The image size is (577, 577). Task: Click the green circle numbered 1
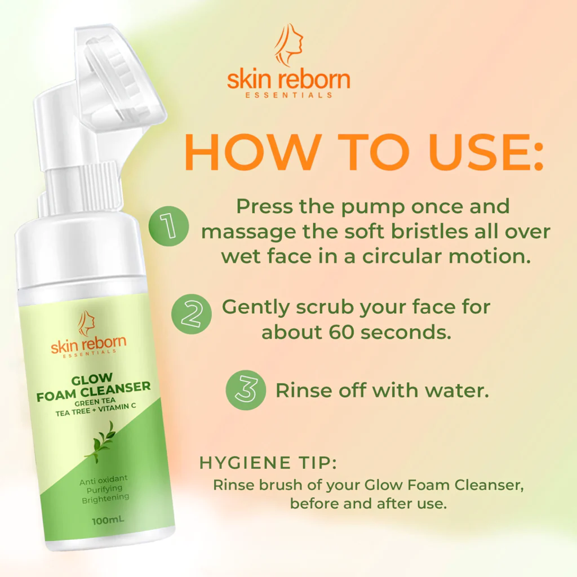click(169, 226)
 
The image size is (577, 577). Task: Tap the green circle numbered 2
click(192, 314)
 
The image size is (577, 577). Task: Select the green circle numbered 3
click(246, 390)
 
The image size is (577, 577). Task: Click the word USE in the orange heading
click(486, 152)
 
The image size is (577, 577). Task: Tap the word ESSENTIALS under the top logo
click(289, 95)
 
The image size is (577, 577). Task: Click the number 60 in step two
click(341, 332)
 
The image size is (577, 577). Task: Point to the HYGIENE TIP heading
click(268, 463)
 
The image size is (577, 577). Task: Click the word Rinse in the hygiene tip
click(234, 485)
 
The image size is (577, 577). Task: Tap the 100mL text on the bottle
click(108, 520)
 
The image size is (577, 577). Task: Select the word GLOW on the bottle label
click(92, 379)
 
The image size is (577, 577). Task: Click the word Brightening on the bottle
click(105, 499)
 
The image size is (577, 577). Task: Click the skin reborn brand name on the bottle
click(88, 344)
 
